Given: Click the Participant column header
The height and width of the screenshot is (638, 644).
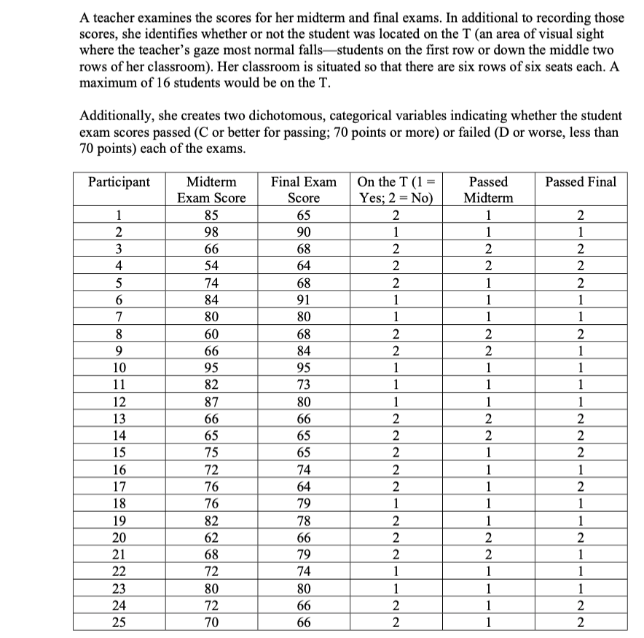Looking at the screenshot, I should [x=119, y=182].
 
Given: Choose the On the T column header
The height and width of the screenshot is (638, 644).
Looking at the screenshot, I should [x=396, y=189].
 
